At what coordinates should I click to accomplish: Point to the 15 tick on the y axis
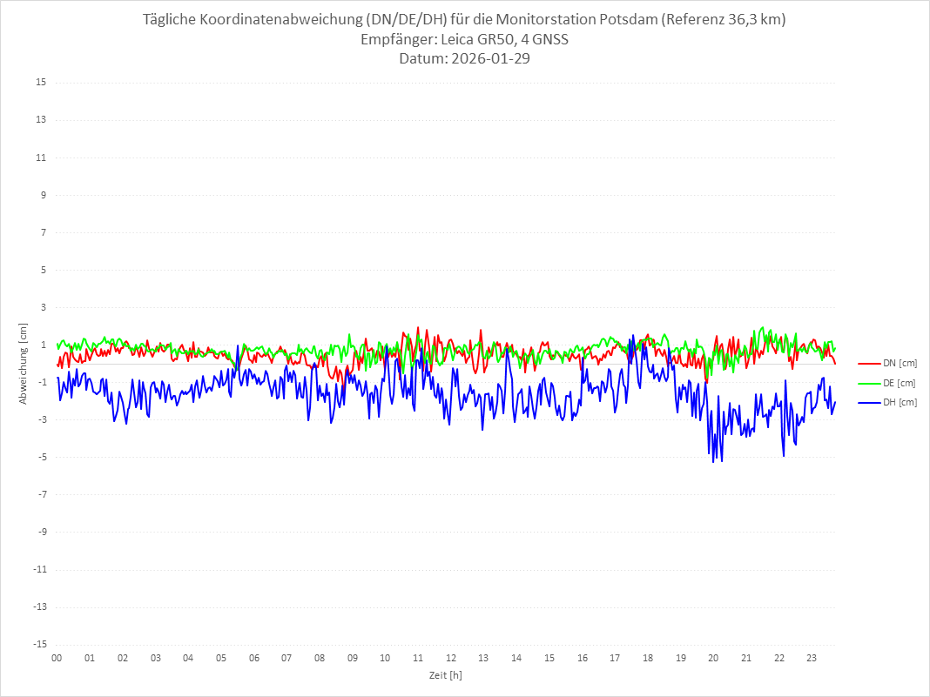click(41, 83)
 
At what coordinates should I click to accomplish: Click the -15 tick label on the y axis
click(39, 644)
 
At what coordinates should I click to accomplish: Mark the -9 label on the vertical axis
click(41, 532)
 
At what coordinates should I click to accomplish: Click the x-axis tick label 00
click(57, 658)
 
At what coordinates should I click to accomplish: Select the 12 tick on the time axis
click(451, 658)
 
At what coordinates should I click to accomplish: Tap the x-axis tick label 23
click(812, 658)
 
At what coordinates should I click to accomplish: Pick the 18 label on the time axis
click(648, 658)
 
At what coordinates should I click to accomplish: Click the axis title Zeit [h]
click(445, 674)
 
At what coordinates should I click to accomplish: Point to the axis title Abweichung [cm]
click(24, 363)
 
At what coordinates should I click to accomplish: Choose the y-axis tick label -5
click(41, 457)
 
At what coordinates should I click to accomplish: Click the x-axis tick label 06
click(254, 658)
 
